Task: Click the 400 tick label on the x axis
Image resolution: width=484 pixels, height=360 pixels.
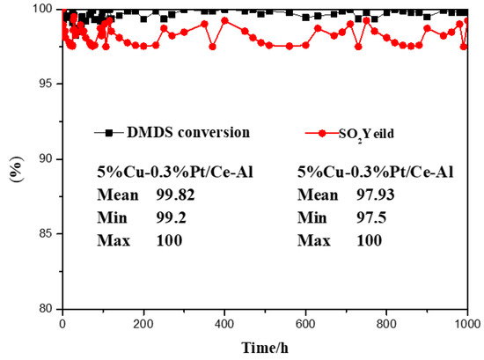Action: point(224,324)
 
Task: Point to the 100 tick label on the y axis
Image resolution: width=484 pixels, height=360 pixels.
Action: point(40,10)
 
